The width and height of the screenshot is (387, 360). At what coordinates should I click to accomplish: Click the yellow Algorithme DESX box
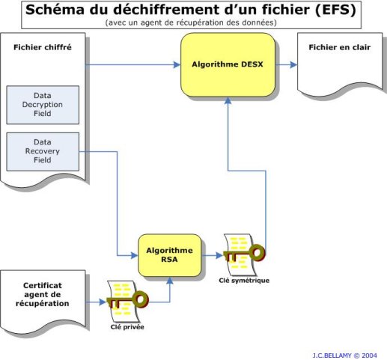(x=228, y=65)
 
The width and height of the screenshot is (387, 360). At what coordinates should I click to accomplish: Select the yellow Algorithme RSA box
(x=170, y=255)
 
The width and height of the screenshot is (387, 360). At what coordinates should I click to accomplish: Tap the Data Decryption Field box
(x=43, y=105)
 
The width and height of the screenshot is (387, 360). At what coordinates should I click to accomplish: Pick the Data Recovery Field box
(x=43, y=151)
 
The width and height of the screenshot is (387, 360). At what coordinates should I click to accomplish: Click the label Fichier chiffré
(x=43, y=47)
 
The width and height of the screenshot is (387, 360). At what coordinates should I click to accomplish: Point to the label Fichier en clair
(x=340, y=47)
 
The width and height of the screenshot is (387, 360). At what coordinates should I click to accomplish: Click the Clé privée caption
(x=127, y=327)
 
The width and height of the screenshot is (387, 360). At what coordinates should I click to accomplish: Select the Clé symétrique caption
(x=244, y=281)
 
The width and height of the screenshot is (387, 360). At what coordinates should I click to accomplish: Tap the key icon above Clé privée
(x=128, y=301)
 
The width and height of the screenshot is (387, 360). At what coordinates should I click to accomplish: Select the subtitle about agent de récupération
(x=191, y=22)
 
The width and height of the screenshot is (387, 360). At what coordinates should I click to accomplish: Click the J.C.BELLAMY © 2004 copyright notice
(x=344, y=356)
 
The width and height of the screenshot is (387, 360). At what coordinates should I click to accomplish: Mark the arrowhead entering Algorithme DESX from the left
(x=177, y=65)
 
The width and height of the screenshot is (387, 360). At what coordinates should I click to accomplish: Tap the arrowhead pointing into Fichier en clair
(x=293, y=65)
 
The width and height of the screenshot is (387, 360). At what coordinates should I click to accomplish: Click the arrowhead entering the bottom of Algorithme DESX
(x=228, y=100)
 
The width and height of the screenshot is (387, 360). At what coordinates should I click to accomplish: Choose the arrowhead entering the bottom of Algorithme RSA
(x=170, y=281)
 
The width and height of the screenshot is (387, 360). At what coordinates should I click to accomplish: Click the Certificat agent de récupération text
(x=43, y=294)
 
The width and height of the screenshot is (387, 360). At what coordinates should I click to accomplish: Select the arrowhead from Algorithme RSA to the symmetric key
(x=219, y=255)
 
